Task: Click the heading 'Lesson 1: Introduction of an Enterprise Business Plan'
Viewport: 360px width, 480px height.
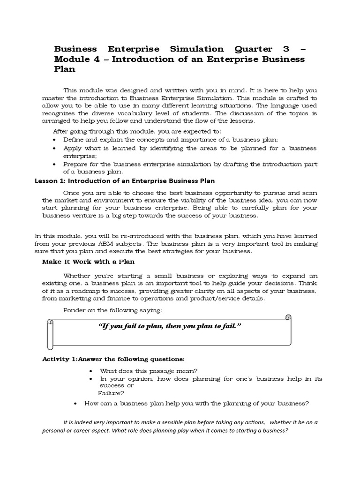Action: pos(125,181)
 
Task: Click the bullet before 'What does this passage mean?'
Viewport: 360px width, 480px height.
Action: pos(90,371)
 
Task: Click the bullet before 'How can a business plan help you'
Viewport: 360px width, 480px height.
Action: pos(76,403)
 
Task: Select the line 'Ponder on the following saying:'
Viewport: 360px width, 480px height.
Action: pos(112,310)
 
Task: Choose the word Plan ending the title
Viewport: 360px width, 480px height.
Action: pos(65,69)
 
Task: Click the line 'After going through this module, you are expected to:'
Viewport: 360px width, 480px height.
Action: pos(137,131)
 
